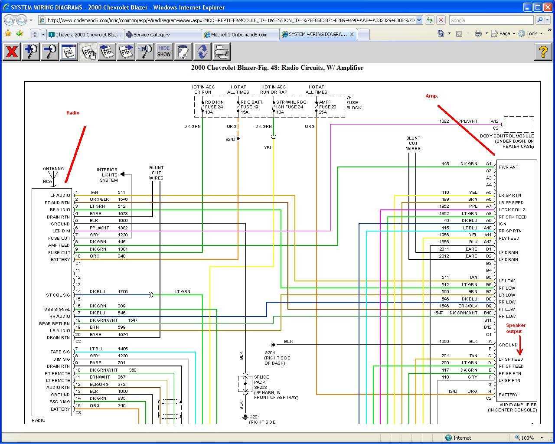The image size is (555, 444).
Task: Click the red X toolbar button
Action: point(12,52)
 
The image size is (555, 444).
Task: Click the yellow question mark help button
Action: point(543,52)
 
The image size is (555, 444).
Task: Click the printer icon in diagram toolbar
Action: point(222,52)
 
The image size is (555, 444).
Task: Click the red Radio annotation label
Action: point(73,113)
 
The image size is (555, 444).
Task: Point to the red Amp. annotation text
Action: point(431,96)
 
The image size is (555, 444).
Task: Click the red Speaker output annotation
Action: point(516,328)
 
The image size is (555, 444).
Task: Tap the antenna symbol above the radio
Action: point(53,176)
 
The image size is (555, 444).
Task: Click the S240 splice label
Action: point(230,139)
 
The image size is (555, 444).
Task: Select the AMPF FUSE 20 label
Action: point(327,107)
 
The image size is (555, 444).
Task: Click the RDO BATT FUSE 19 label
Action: point(251,107)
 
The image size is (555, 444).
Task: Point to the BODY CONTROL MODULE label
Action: point(507,136)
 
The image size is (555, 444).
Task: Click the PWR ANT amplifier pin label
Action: point(508,167)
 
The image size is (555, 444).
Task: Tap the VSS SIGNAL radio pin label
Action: point(57,310)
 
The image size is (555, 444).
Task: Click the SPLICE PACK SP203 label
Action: point(261,382)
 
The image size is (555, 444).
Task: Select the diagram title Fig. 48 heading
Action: point(277,68)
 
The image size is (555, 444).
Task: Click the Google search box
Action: point(491,20)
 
